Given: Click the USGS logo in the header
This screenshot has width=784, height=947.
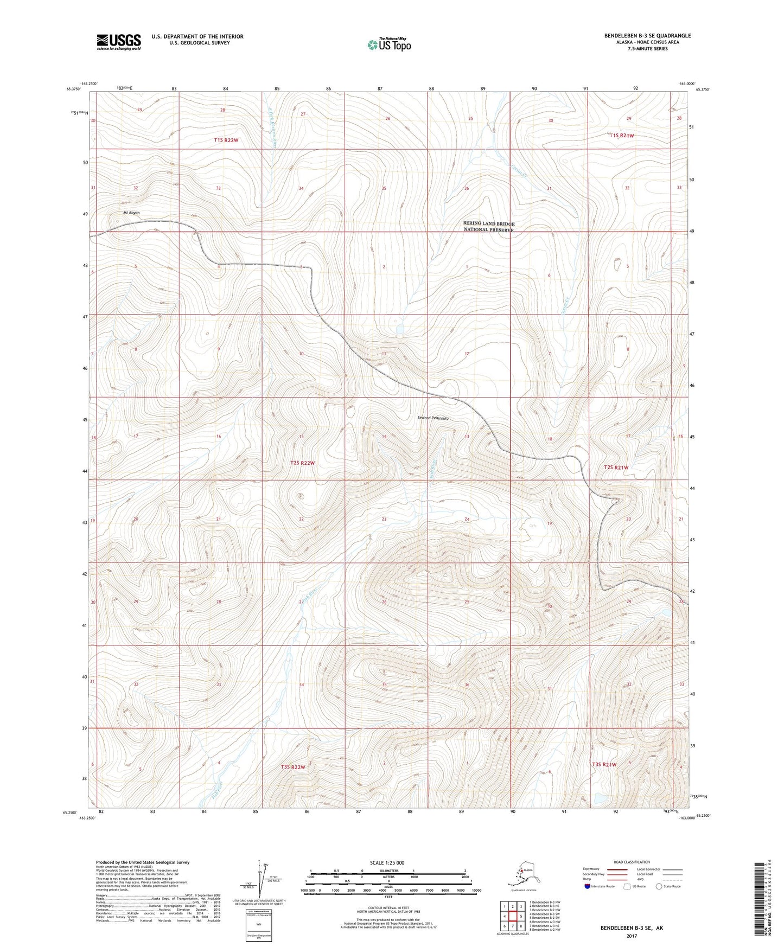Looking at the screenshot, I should click(118, 42).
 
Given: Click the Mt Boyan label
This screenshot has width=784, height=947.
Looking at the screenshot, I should click(131, 213).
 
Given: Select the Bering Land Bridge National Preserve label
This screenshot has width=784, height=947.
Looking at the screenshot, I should click(488, 227).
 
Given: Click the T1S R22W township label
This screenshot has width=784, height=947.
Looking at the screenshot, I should click(226, 140).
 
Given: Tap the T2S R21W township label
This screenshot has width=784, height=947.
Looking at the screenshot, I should click(616, 467).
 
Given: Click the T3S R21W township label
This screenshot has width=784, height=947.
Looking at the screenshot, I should click(604, 764).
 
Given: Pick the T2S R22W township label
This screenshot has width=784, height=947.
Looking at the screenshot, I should click(302, 463).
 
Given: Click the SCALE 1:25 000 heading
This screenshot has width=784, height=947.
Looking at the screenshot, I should click(387, 862).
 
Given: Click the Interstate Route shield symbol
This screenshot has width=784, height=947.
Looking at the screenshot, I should click(588, 886).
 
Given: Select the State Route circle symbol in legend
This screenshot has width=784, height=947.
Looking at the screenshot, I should click(659, 886).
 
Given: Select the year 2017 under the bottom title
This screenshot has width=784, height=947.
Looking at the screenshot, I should click(631, 936).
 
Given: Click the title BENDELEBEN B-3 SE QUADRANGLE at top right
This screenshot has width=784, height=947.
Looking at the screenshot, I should click(647, 36).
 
